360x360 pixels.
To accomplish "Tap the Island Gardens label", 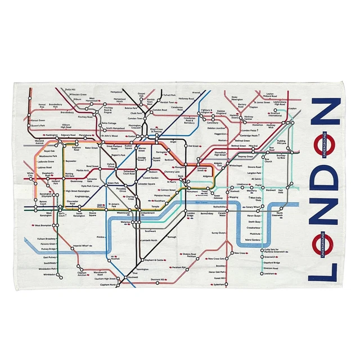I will (256, 240).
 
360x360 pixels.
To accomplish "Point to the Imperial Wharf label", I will (82, 245).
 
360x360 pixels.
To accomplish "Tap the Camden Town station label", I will (135, 119).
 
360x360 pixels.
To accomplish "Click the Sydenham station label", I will (218, 285).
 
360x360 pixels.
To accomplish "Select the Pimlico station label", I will (101, 237).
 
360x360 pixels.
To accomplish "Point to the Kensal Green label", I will (37, 120).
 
